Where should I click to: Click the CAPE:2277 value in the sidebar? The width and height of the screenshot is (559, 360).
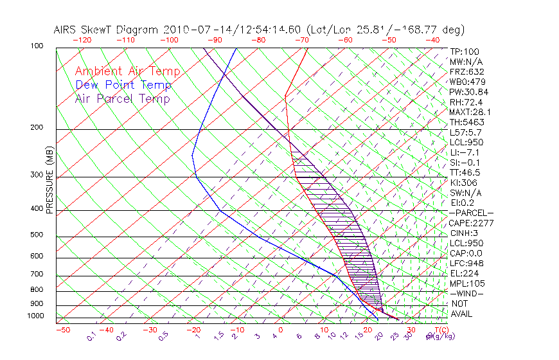click(x=470, y=223)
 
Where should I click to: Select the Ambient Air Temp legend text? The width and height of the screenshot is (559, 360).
click(x=127, y=72)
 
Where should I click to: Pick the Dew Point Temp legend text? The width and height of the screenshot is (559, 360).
click(x=123, y=85)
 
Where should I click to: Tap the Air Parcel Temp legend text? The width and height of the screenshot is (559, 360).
click(x=122, y=99)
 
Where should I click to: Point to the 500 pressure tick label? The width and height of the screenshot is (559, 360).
click(x=37, y=236)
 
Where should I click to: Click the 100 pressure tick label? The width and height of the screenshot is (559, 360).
click(x=37, y=46)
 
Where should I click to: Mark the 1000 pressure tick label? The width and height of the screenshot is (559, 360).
click(x=36, y=316)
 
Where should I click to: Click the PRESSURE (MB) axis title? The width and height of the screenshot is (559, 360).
click(x=50, y=180)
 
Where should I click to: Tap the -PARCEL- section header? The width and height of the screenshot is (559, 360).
click(x=471, y=213)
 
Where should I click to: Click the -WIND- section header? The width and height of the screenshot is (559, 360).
click(x=466, y=293)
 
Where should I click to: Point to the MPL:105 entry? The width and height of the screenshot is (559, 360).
click(x=466, y=283)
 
